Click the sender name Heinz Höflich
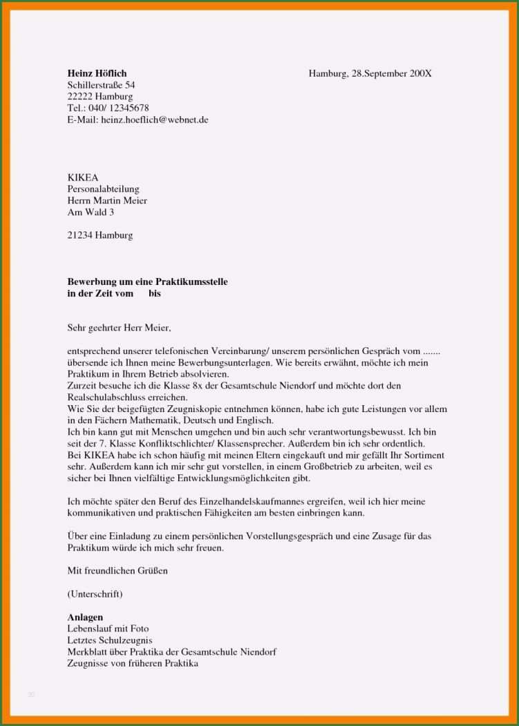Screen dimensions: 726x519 click(x=97, y=73)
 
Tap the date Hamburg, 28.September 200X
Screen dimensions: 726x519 click(x=370, y=73)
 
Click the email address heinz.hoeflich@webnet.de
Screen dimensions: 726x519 click(x=154, y=120)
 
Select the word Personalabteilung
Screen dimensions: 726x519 click(x=103, y=189)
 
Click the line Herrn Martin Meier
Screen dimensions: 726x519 click(x=106, y=201)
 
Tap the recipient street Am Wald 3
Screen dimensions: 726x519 click(x=91, y=212)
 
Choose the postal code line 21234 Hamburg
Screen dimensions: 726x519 click(x=100, y=235)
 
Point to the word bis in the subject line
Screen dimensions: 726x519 click(x=154, y=293)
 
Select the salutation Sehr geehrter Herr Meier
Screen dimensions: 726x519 click(x=118, y=328)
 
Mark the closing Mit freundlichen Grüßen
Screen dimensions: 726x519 click(x=117, y=571)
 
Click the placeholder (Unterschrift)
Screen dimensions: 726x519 click(x=95, y=594)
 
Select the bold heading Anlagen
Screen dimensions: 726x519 click(x=85, y=617)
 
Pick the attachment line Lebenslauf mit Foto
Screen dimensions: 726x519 click(x=108, y=629)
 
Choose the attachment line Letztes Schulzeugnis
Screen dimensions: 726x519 click(x=109, y=640)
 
